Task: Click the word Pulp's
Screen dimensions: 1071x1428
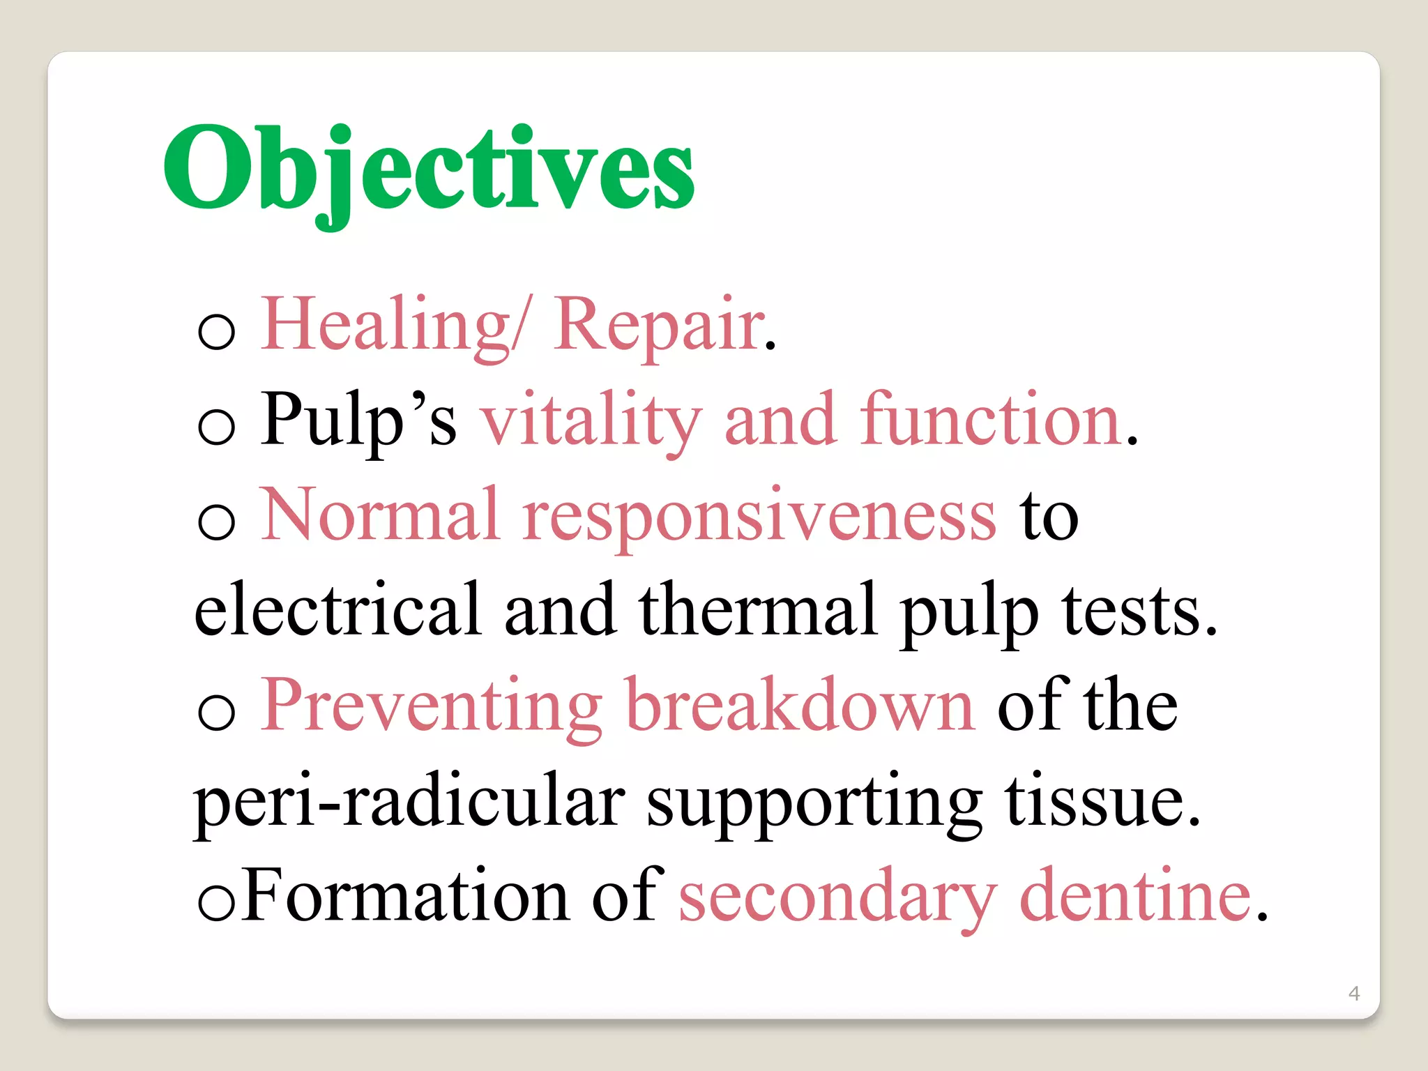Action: [x=358, y=420]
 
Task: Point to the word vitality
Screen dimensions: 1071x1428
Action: [x=591, y=420]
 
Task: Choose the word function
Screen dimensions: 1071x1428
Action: [x=990, y=420]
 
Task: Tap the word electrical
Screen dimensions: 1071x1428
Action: [x=337, y=610]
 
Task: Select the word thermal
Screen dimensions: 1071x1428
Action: [x=757, y=610]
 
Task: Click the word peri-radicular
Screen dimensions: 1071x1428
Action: [x=409, y=802]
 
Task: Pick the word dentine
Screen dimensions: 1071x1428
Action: [x=1135, y=895]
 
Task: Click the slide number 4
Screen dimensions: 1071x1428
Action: [x=1354, y=993]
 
